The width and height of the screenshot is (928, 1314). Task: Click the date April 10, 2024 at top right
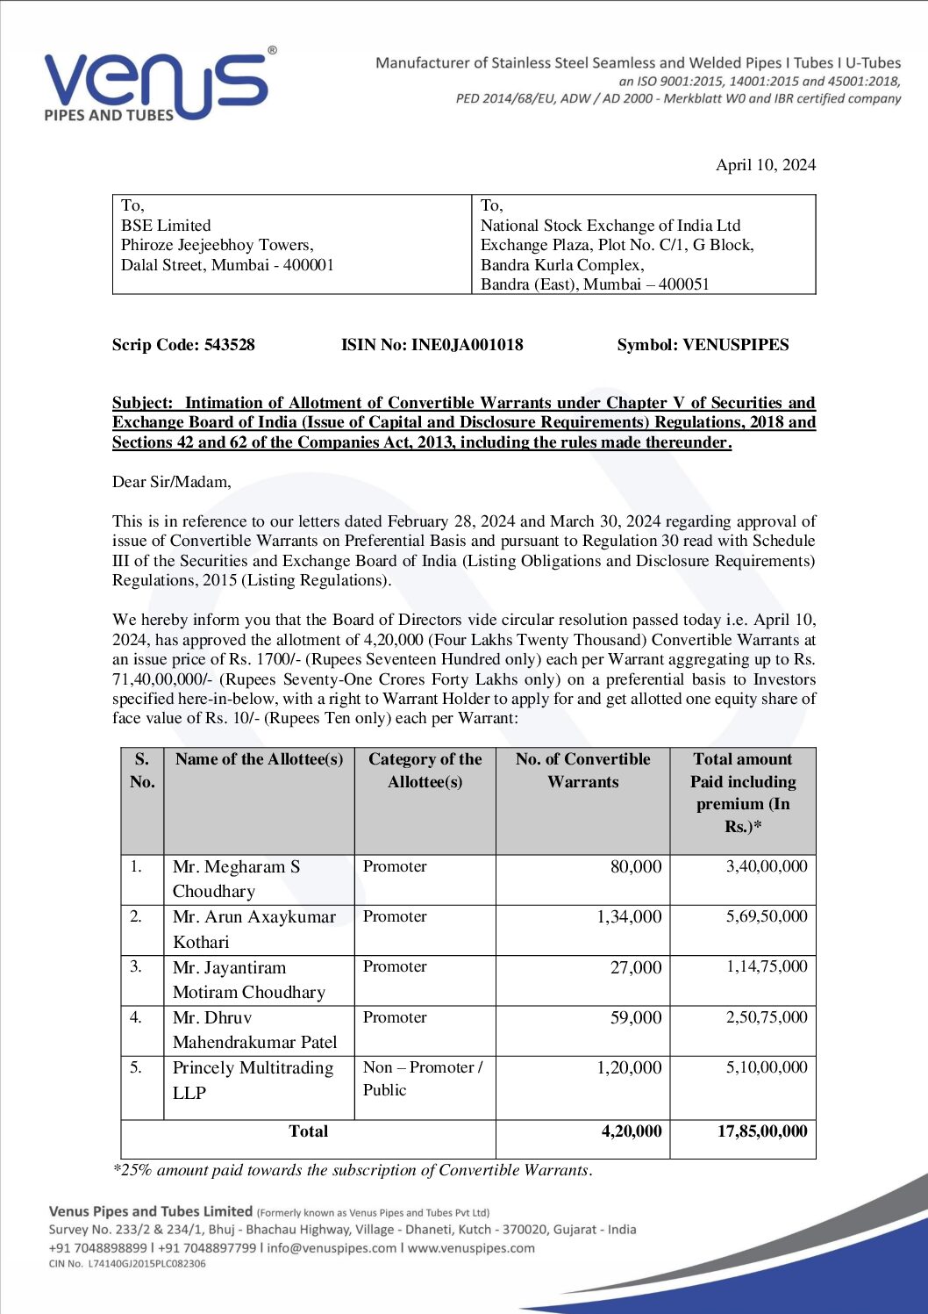[x=765, y=165]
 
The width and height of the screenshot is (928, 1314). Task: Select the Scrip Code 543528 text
[x=183, y=345]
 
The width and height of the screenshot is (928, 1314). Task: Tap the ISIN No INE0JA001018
[x=432, y=345]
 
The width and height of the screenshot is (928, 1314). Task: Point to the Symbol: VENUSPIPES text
[x=703, y=345]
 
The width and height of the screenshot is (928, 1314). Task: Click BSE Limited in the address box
[x=166, y=226]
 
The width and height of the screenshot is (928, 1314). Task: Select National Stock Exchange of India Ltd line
[x=610, y=226]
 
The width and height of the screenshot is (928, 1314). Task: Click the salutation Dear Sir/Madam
[x=172, y=482]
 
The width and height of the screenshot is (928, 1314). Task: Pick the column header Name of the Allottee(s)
[x=259, y=759]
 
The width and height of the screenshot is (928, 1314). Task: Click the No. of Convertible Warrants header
[x=582, y=770]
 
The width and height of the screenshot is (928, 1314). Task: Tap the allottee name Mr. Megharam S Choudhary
[x=236, y=879]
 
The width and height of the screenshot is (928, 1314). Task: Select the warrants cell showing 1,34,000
[x=629, y=916]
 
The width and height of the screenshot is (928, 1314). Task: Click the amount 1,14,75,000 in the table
[x=766, y=966]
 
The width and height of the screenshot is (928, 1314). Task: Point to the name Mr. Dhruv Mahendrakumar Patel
[x=254, y=1030]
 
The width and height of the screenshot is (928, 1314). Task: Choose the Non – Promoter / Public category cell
[x=422, y=1078]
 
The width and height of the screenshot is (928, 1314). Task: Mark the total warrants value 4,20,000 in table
[x=632, y=1131]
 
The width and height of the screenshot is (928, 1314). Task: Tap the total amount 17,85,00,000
[x=761, y=1131]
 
